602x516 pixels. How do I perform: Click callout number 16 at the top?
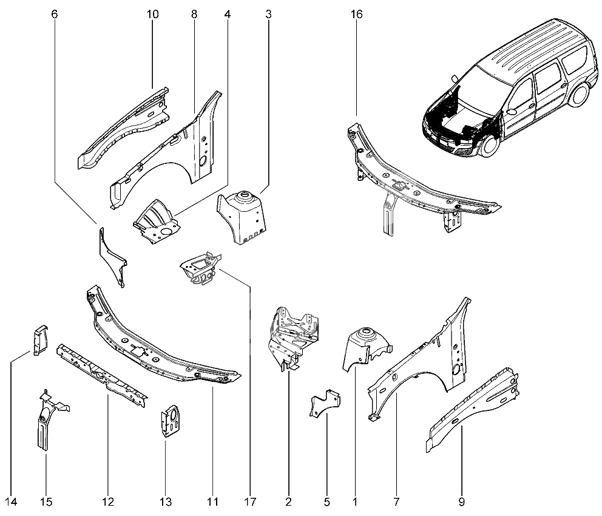click(356, 14)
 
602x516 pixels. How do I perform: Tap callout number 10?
click(152, 14)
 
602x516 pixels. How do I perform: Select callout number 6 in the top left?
click(55, 14)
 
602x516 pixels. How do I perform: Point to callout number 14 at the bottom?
click(11, 502)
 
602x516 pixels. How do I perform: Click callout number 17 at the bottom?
click(249, 502)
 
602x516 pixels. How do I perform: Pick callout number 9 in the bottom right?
click(462, 502)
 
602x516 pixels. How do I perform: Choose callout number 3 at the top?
click(268, 14)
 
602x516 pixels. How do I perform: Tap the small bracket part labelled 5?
click(325, 404)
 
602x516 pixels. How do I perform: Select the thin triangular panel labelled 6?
click(112, 255)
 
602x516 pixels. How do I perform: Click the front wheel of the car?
click(489, 146)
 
